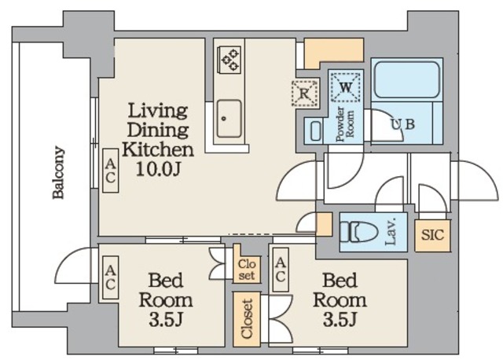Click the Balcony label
[x=59, y=172]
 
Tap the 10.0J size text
[x=158, y=169]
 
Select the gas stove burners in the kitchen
[x=229, y=60]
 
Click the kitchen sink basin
[x=229, y=119]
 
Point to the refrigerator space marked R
[x=306, y=93]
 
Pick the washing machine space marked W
[x=346, y=87]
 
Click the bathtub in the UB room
[x=407, y=79]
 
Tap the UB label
[x=403, y=124]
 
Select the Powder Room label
[x=345, y=124]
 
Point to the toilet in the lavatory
[x=358, y=233]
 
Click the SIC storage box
[x=433, y=235]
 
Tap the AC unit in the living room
[x=110, y=171]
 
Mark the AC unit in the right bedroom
[x=281, y=270]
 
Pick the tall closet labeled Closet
[x=247, y=319]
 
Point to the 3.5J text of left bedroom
[x=166, y=320]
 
